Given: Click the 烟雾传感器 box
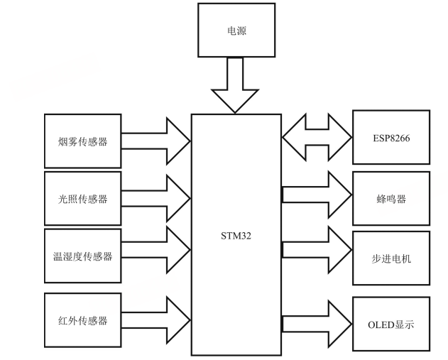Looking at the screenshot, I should click(82, 141).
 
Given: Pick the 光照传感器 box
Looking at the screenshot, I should click(82, 198).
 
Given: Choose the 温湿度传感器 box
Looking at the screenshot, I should click(82, 256).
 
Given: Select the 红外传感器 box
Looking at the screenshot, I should click(82, 320).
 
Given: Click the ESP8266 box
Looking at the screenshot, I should click(391, 138).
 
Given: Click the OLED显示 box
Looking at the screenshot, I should click(391, 324).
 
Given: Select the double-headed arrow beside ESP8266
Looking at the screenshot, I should click(317, 138).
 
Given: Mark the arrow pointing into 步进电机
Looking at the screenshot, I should click(317, 249).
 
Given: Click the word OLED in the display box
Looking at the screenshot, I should click(380, 324).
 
